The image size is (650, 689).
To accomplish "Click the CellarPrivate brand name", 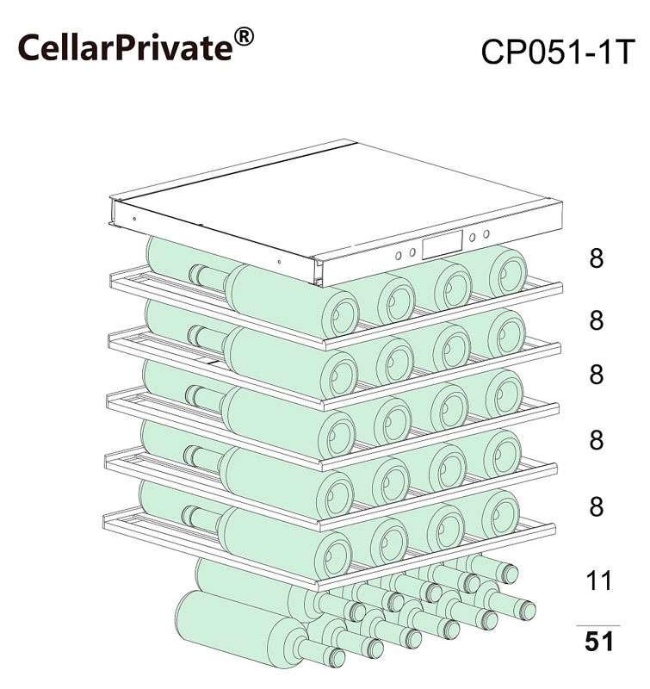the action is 125,47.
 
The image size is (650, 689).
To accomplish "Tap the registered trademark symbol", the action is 244,36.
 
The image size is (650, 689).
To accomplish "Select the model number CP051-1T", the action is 558,52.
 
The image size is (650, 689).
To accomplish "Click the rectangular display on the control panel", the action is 443,245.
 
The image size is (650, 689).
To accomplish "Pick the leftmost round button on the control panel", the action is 399,256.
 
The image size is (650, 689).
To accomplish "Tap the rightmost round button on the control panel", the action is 486,233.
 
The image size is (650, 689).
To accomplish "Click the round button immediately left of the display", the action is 412,251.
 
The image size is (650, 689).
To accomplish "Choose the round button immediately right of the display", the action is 472,238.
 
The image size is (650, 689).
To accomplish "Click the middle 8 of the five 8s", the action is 596,375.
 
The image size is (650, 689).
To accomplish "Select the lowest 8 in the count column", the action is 596,506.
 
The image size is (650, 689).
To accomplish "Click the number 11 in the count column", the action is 598,580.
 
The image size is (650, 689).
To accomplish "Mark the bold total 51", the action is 598,642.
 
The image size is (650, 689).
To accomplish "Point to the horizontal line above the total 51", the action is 598,625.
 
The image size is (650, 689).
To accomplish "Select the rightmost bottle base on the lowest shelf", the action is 501,514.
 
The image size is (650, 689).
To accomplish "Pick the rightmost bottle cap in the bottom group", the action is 528,611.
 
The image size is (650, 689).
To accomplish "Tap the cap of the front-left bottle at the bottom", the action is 337,658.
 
